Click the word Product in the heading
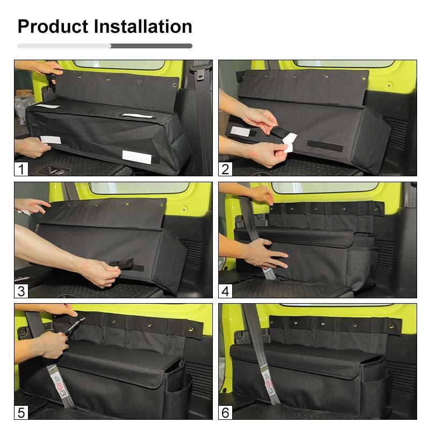(x=52, y=26)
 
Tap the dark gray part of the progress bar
(x=152, y=46)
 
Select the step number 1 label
(x=21, y=170)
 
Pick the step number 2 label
(x=225, y=170)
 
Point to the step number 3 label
(x=21, y=291)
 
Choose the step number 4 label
(x=225, y=291)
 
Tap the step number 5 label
(x=21, y=413)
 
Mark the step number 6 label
(x=225, y=413)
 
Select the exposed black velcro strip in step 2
(x=325, y=145)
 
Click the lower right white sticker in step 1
(x=137, y=156)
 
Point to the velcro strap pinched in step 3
(x=125, y=266)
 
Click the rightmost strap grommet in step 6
(x=397, y=326)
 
